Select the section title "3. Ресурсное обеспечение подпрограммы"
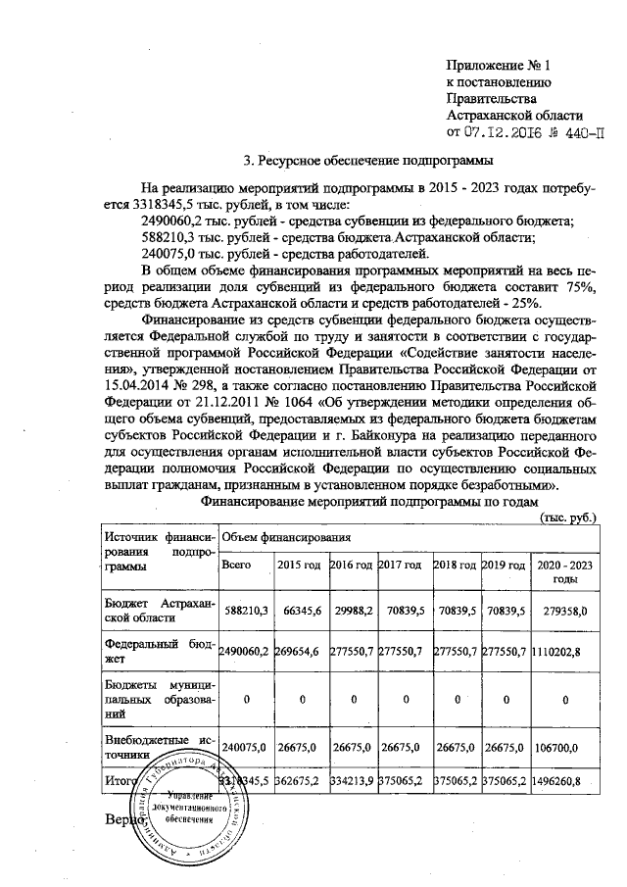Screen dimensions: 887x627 click(366, 160)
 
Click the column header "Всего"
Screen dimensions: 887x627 click(238, 566)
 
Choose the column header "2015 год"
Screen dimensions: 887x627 click(299, 566)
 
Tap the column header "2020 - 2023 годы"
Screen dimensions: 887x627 click(562, 572)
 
